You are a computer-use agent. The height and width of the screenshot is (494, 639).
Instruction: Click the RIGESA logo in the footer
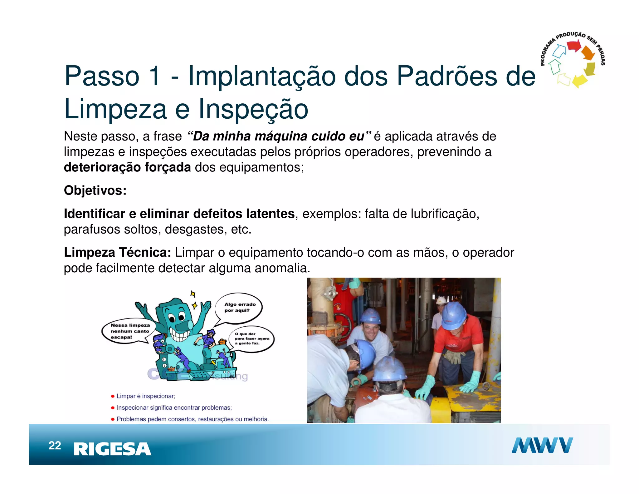(112, 449)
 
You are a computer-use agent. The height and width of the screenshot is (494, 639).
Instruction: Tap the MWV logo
(542, 445)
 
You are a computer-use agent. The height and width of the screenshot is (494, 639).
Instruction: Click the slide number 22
(55, 446)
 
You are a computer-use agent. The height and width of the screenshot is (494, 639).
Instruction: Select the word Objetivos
(95, 190)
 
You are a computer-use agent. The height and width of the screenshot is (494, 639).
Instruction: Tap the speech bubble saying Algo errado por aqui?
(239, 307)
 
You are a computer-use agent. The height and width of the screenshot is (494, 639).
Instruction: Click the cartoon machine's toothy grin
(179, 336)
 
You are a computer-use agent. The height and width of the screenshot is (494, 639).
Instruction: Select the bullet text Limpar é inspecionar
(145, 396)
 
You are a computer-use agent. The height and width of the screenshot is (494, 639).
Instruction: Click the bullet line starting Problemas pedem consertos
(192, 419)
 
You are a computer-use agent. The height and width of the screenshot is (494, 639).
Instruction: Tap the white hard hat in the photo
(441, 301)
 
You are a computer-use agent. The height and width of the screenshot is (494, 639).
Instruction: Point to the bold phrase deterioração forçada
(127, 168)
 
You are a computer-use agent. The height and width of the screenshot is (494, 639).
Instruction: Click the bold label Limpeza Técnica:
(117, 253)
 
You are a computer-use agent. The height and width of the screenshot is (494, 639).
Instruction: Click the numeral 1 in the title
(154, 76)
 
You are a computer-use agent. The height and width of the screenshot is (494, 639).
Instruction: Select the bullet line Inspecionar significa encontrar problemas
(174, 408)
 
